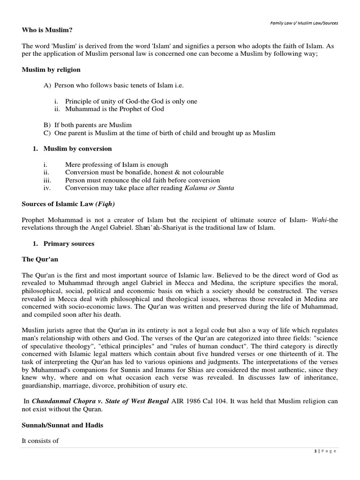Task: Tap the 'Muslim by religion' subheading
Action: [x=51, y=69]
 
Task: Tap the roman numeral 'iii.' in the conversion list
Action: [x=46, y=180]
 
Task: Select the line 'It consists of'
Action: [x=40, y=441]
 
